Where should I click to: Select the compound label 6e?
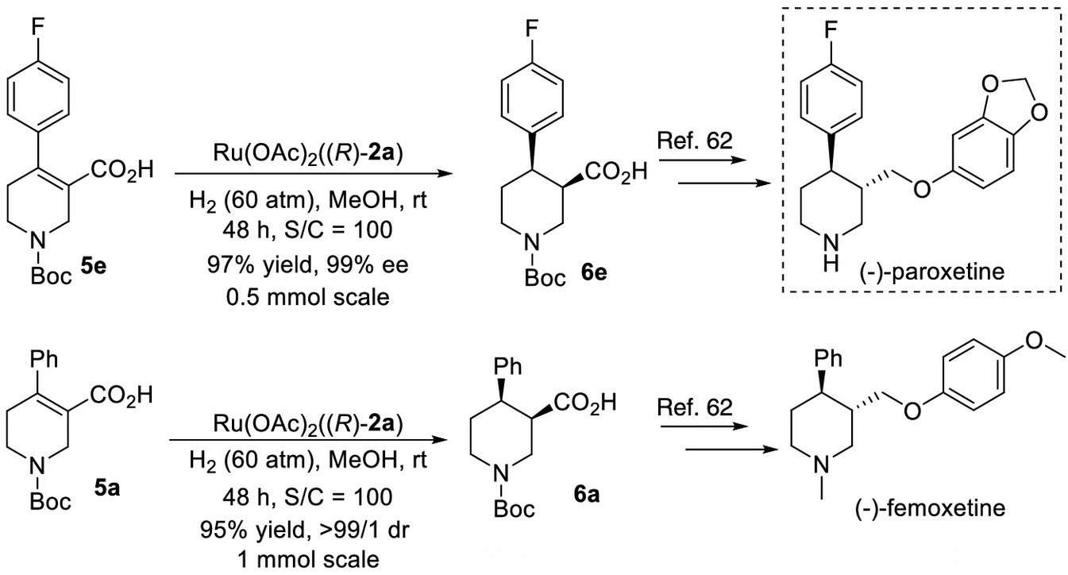pos(594,272)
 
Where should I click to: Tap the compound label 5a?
pos(106,488)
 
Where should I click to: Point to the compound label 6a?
pos(587,495)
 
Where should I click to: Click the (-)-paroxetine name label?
pos(932,272)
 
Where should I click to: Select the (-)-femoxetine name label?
pos(930,507)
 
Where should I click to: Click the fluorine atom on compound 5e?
pos(37,28)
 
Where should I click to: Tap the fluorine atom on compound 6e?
pos(531,29)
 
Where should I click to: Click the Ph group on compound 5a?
pos(44,359)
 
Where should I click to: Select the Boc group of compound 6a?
pos(514,509)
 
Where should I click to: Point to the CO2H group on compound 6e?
pos(616,172)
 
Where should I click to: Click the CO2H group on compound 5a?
pos(121,396)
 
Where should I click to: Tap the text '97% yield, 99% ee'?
pos(307,264)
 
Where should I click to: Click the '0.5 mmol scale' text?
pos(307,297)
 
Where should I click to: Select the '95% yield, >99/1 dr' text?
pos(305,529)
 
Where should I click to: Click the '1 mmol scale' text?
pos(308,560)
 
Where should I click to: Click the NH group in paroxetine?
pos(831,253)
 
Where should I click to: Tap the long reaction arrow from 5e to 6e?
pos(314,174)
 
